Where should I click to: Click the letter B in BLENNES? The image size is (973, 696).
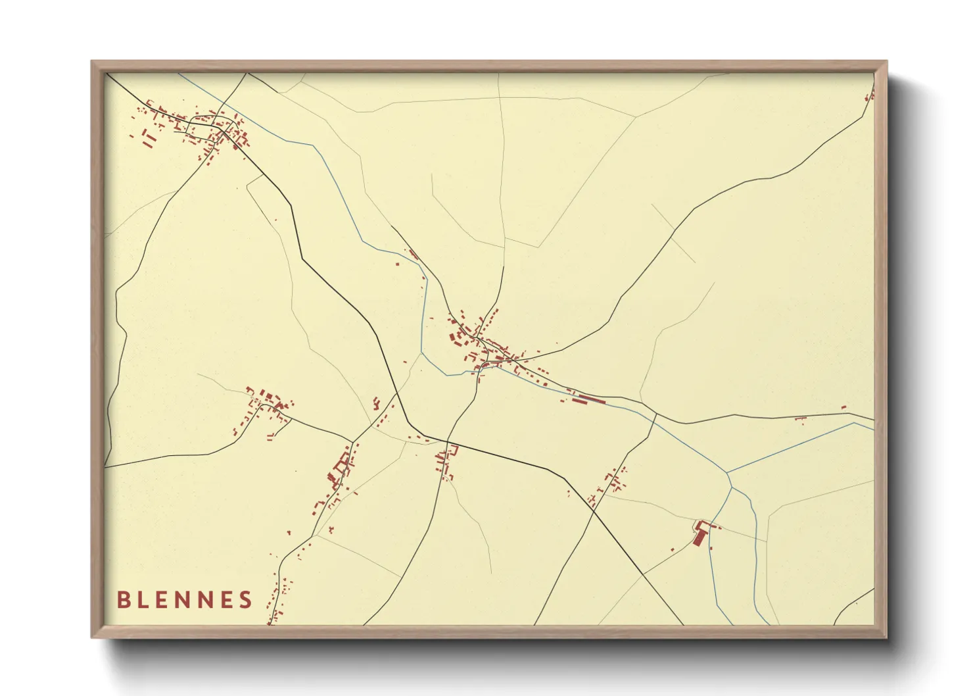(x=123, y=600)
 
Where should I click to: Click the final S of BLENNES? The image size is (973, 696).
(x=246, y=600)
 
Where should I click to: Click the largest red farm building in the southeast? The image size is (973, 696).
(x=699, y=536)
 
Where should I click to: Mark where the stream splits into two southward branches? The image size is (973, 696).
(x=731, y=487)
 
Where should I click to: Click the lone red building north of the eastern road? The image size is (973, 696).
(x=844, y=408)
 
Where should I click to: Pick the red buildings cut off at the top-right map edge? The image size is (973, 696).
(x=870, y=96)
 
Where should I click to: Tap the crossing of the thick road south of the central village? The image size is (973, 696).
(x=448, y=442)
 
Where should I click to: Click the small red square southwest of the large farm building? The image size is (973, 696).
(x=672, y=550)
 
